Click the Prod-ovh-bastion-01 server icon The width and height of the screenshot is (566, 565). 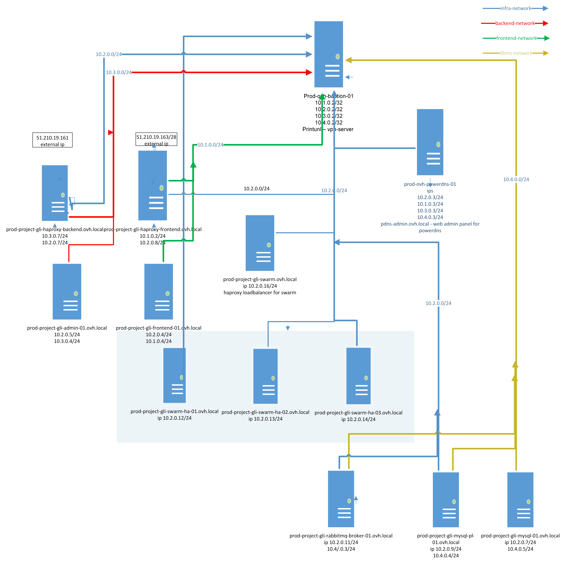click(x=328, y=54)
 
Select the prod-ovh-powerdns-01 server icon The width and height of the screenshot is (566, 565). click(x=430, y=142)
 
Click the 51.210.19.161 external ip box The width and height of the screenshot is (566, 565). click(x=52, y=140)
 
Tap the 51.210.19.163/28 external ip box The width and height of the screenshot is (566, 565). click(x=156, y=139)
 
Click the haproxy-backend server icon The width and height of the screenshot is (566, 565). click(x=55, y=193)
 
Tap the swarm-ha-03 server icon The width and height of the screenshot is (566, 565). click(x=358, y=376)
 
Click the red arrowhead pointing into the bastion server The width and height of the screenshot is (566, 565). click(x=309, y=72)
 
